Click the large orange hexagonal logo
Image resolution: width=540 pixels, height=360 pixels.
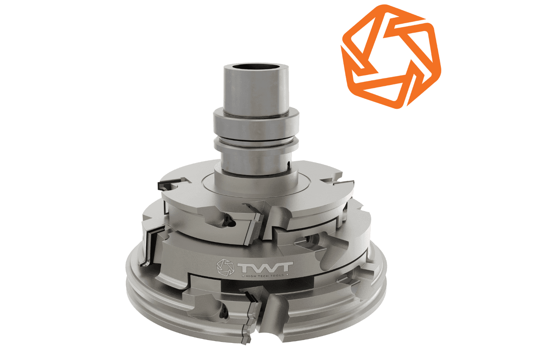coord(391,57)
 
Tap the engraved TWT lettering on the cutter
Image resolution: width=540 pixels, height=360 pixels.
coord(265,267)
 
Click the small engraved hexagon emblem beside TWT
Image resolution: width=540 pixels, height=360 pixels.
coord(225,267)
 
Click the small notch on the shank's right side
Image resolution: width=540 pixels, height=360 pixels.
coord(288,164)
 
